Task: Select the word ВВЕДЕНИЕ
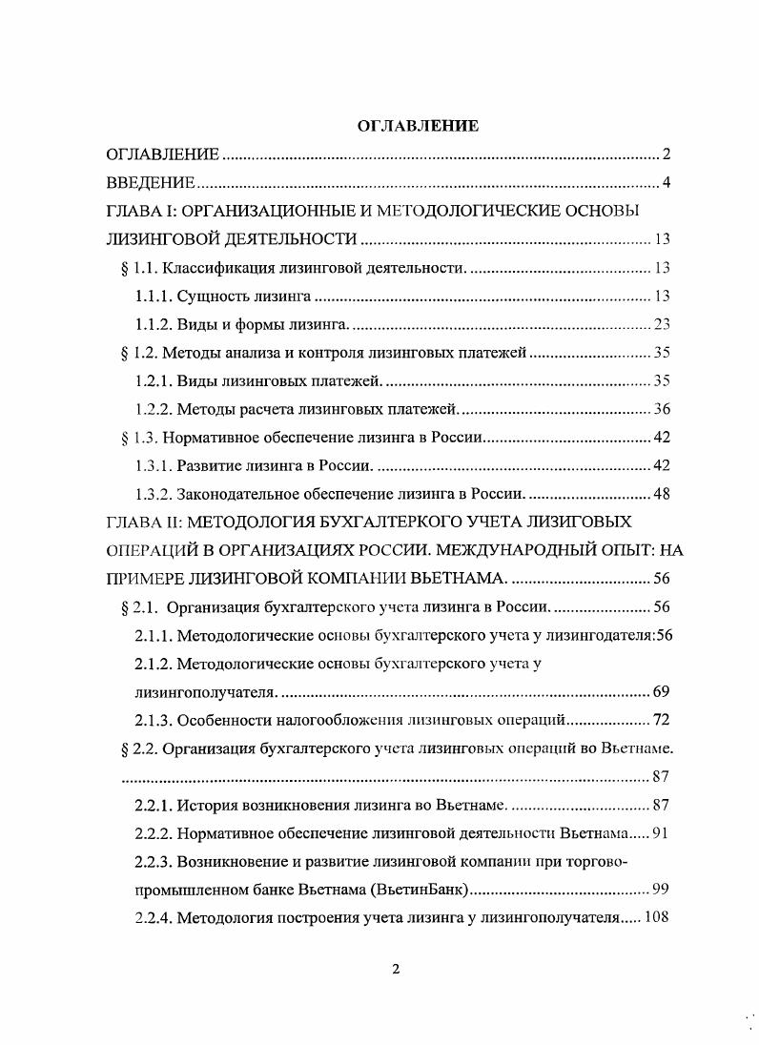pos(151,183)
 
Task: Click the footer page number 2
pos(396,971)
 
